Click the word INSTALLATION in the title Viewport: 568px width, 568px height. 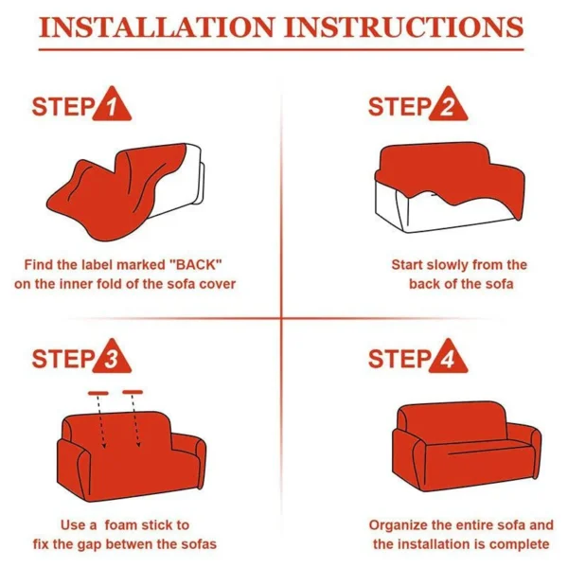pyautogui.click(x=156, y=27)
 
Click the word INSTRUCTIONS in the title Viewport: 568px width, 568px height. pyautogui.click(x=404, y=27)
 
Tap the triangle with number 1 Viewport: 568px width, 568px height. pyautogui.click(x=112, y=105)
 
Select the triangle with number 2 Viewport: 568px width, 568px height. pyautogui.click(x=448, y=105)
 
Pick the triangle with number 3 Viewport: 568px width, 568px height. pyautogui.click(x=112, y=358)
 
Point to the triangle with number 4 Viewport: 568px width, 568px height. pyautogui.click(x=448, y=358)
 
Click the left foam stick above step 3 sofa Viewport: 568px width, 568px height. pyautogui.click(x=98, y=393)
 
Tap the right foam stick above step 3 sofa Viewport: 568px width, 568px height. pyautogui.click(x=133, y=392)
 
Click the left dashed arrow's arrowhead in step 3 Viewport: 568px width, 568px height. pyautogui.click(x=104, y=445)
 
